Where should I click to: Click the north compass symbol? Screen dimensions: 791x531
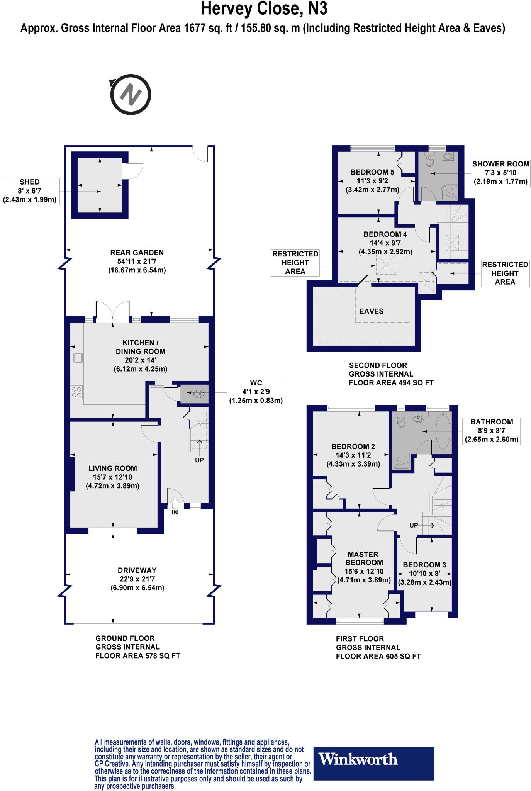pos(130,95)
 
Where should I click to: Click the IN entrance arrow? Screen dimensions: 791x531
pos(175,504)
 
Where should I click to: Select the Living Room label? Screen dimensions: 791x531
pos(112,468)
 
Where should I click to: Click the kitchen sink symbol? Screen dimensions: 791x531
pos(78,358)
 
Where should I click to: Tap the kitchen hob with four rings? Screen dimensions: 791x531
pos(76,392)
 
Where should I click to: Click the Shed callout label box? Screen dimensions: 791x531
pos(30,191)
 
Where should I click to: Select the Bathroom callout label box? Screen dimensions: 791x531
pos(491,431)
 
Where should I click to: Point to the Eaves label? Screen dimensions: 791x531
pos(371,311)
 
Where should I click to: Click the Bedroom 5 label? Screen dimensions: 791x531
pos(372,172)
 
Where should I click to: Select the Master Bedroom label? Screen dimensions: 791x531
pos(363,558)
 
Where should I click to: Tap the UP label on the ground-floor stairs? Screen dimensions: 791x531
pos(199,460)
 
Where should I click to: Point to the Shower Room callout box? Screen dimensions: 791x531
pos(500,173)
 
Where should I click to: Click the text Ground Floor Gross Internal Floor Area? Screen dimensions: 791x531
pos(137,647)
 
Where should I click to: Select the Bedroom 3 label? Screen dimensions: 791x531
pos(424,565)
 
